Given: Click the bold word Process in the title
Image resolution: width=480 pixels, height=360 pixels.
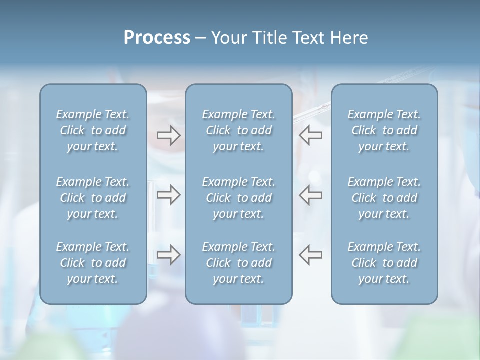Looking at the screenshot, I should coord(157,38).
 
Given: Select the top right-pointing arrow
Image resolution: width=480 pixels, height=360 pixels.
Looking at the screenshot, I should coord(169,135).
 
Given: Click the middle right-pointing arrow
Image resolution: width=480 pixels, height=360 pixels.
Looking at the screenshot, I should coord(169,195).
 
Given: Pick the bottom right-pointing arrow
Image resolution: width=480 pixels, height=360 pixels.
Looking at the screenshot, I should coord(169,255).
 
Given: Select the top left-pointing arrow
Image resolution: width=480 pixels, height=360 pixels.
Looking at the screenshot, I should coord(310,135).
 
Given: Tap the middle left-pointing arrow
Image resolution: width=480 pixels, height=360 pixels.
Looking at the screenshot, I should coord(310,195).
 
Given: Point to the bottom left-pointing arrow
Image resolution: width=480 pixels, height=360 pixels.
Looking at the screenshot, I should coord(310,255).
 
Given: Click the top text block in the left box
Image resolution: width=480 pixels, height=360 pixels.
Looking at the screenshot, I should coord(93,130).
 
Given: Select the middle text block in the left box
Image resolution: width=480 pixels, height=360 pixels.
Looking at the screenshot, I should coord(93,198).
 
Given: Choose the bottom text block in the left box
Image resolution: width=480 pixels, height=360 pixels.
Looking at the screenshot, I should coord(93,263).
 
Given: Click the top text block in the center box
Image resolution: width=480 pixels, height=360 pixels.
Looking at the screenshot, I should coord(238,130).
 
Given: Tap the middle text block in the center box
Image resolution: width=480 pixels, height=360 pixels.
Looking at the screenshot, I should coord(238,198).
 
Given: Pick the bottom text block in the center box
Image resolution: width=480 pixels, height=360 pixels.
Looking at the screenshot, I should coord(238,263).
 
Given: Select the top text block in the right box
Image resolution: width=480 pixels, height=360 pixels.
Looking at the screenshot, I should coord(384,130).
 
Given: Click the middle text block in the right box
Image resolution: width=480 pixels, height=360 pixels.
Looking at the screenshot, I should coord(384,198).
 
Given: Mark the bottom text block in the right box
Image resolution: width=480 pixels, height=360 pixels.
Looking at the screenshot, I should coord(384,263).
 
